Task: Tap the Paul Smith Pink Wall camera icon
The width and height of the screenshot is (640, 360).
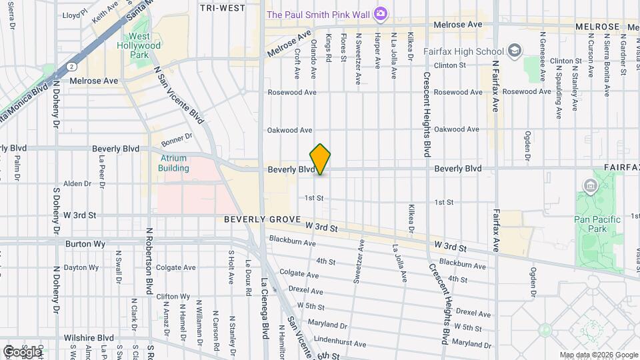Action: point(380,13)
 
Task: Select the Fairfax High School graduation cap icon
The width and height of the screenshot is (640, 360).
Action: point(514,51)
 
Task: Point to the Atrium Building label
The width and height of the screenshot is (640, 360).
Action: point(174,163)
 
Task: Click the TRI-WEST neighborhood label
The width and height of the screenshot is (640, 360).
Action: point(222,8)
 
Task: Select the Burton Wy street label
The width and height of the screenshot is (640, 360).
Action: point(85,244)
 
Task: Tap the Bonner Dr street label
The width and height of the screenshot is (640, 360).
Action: point(179,136)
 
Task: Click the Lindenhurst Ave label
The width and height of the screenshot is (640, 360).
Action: point(340,344)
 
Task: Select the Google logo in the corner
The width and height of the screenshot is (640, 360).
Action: point(22,351)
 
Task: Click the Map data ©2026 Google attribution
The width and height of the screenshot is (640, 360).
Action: point(598,355)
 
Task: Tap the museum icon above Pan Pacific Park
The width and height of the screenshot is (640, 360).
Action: point(590,185)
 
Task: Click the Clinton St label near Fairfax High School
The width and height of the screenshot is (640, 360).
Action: point(449,65)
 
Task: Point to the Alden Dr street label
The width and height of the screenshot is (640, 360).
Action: point(77,183)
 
